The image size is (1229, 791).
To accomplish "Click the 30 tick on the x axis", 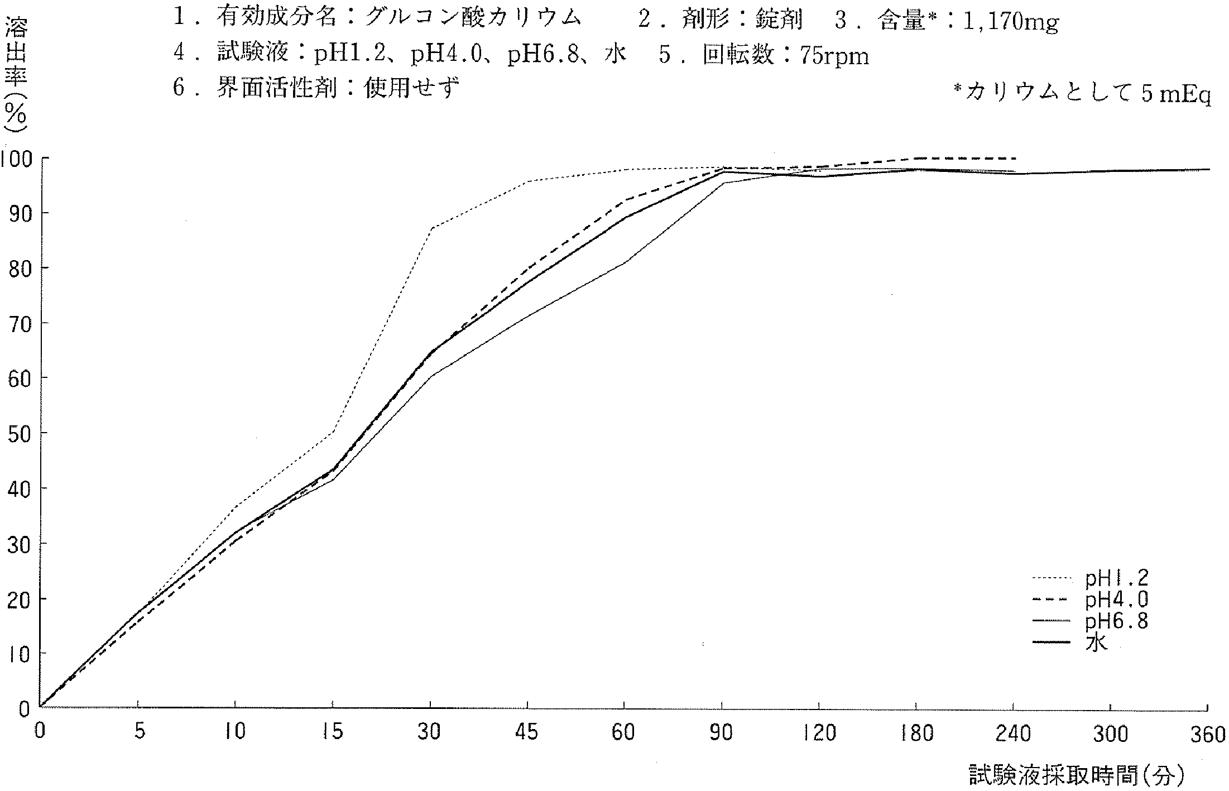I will (x=430, y=731).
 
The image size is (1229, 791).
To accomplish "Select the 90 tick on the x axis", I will (x=722, y=731).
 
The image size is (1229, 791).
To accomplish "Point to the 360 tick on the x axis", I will (x=1208, y=734).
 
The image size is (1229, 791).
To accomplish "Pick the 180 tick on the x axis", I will (x=916, y=732).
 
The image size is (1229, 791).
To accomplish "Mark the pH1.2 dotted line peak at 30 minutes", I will (x=431, y=227).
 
